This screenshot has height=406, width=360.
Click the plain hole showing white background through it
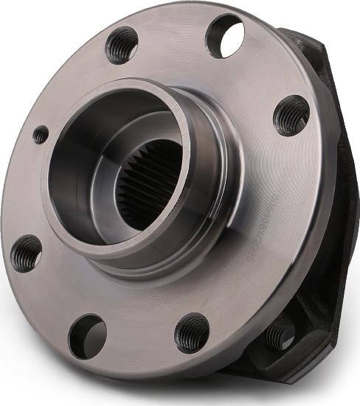(x=226, y=36)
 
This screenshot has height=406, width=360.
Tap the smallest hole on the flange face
(x=41, y=135)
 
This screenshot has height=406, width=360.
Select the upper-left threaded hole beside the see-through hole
(x=122, y=45)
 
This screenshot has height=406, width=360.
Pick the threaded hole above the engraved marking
(x=291, y=116)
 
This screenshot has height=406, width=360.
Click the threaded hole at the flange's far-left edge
(x=27, y=253)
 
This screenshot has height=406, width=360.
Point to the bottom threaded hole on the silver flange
(x=193, y=333)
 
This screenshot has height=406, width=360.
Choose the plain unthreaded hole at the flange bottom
(x=88, y=336)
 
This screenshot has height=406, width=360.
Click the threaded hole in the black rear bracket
(x=281, y=336)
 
